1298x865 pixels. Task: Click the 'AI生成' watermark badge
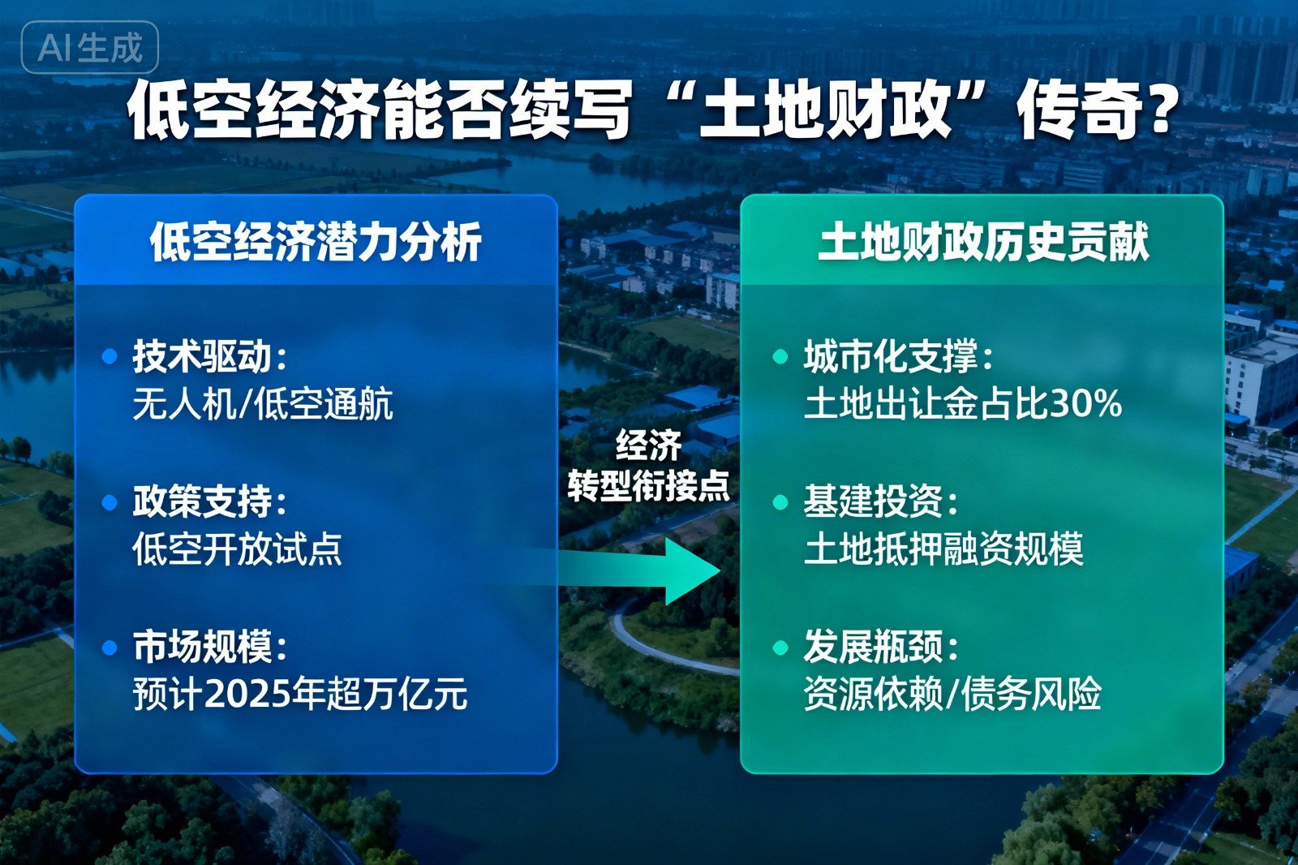click(x=89, y=48)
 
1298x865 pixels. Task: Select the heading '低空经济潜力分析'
click(x=316, y=242)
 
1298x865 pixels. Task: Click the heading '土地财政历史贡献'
click(x=982, y=242)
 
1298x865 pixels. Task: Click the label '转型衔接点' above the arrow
click(x=648, y=486)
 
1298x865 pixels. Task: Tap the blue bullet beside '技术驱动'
click(x=110, y=356)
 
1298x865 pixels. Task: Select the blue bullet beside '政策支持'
click(x=110, y=502)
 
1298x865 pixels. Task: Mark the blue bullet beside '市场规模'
click(x=110, y=648)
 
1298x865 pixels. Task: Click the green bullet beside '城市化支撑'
click(x=780, y=356)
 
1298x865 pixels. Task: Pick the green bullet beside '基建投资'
click(x=780, y=502)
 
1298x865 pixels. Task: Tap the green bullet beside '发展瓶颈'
click(x=780, y=648)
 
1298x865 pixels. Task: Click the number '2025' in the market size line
click(x=247, y=695)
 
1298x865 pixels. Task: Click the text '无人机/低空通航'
click(x=263, y=403)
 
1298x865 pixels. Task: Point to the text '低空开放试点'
click(x=237, y=549)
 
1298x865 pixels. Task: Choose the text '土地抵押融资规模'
click(x=943, y=549)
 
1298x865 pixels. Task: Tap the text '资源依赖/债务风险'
click(x=952, y=695)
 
